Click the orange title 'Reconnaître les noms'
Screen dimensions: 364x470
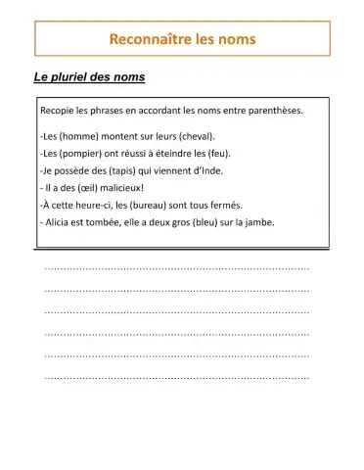182,39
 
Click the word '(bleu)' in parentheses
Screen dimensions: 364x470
191,221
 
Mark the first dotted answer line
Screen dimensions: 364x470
177,267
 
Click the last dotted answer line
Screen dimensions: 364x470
177,377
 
